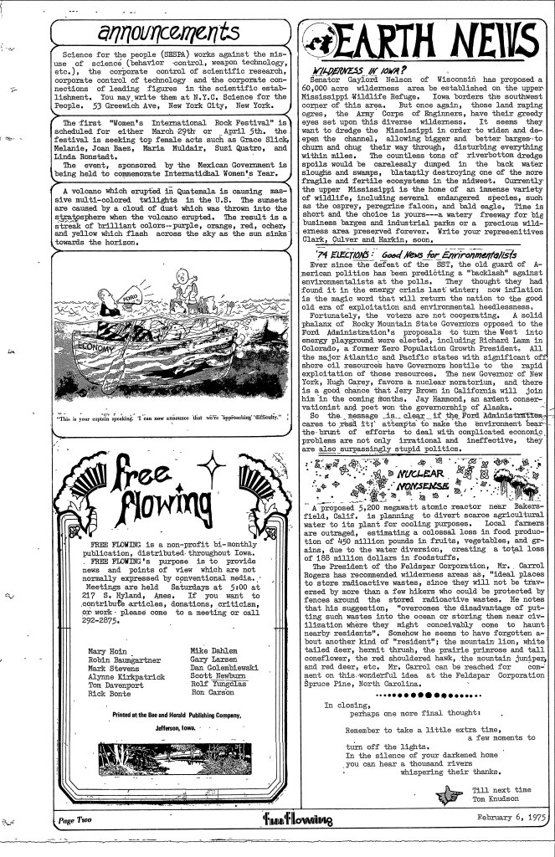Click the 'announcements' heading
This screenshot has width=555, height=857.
click(x=176, y=33)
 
